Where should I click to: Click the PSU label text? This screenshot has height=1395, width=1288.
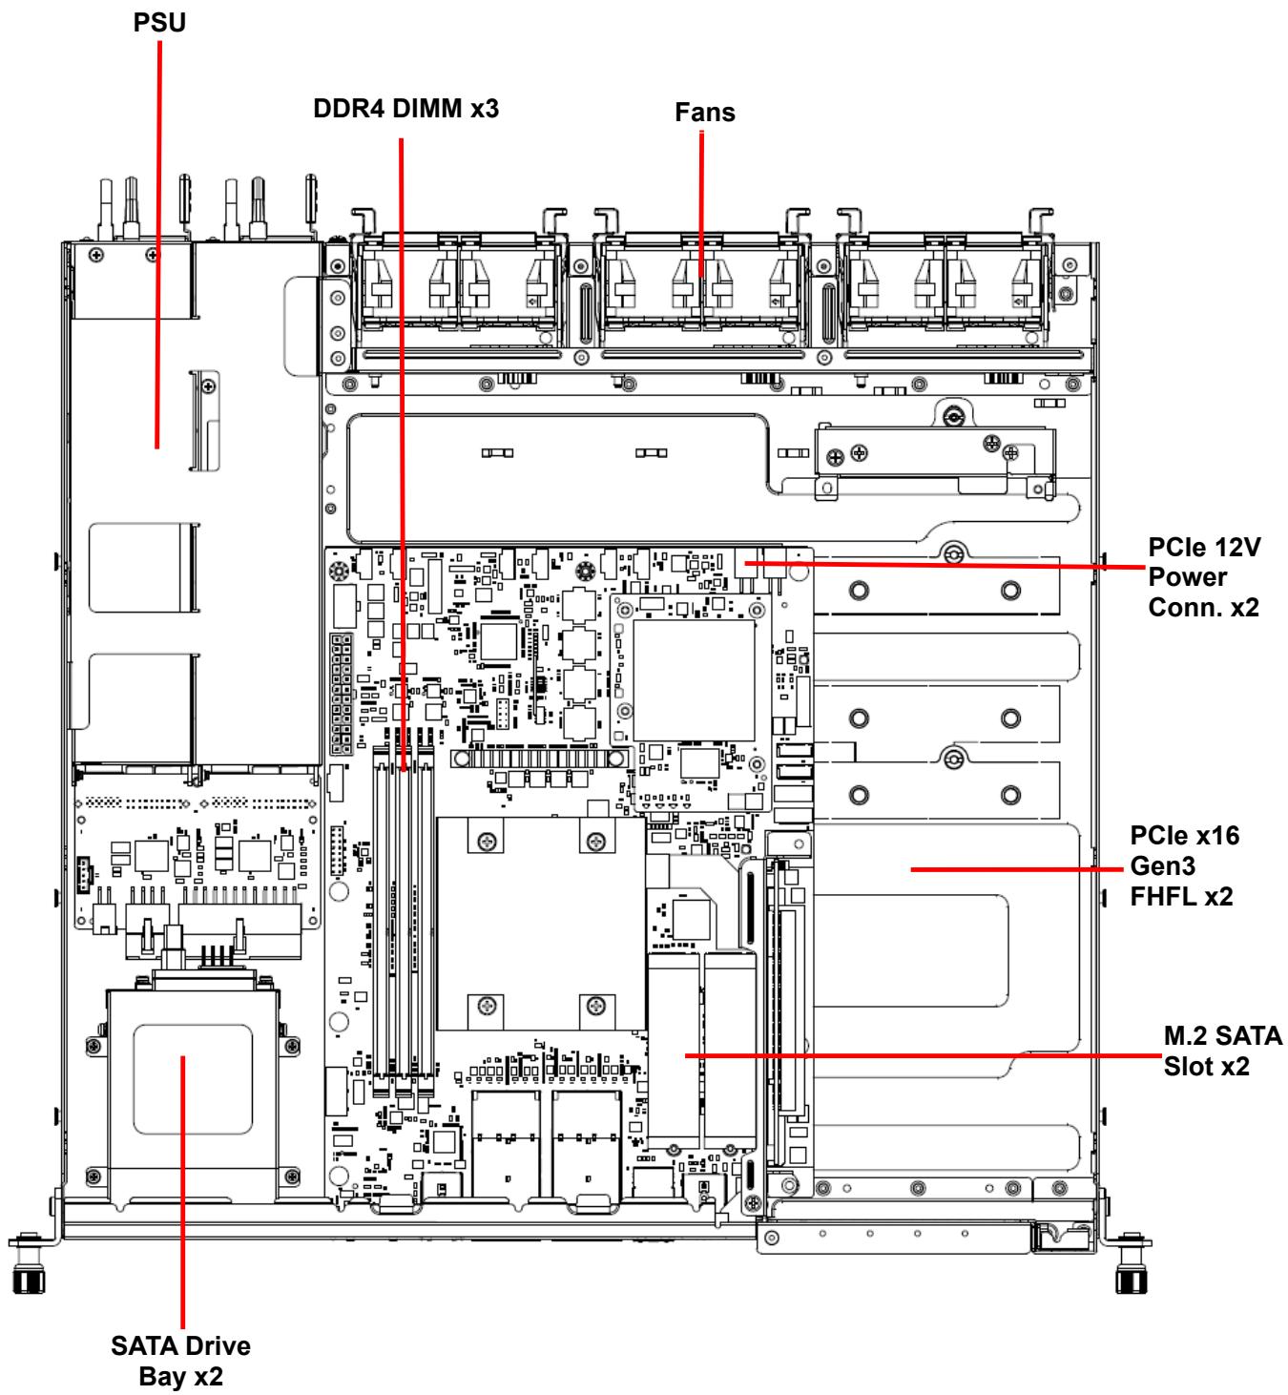pyautogui.click(x=159, y=23)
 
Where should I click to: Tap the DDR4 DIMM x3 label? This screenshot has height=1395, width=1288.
pyautogui.click(x=405, y=108)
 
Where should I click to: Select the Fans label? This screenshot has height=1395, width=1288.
pyautogui.click(x=704, y=113)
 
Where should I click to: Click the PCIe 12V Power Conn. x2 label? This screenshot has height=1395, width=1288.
pyautogui.click(x=1204, y=576)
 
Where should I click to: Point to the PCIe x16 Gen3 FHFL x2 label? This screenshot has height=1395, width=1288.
pyautogui.click(x=1184, y=865)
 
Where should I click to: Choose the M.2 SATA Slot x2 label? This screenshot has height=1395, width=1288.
pyautogui.click(x=1223, y=1051)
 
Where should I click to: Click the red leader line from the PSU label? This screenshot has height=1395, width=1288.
pyautogui.click(x=158, y=244)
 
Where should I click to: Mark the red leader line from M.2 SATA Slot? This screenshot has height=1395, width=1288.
pyautogui.click(x=924, y=1055)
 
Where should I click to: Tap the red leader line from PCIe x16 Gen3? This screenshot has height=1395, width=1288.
pyautogui.click(x=1017, y=869)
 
